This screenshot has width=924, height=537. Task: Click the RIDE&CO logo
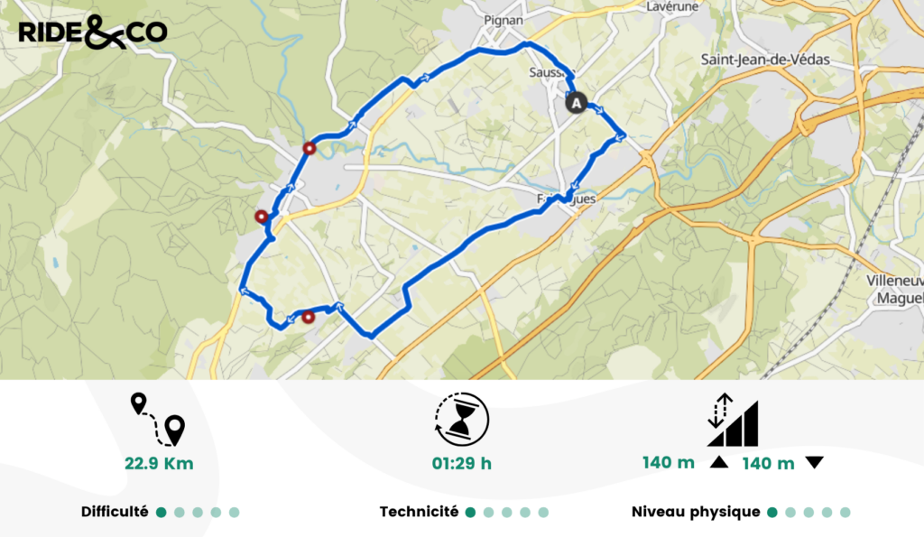(x=92, y=32)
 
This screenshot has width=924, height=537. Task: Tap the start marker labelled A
(x=576, y=103)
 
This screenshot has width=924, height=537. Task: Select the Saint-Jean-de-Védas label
(x=765, y=60)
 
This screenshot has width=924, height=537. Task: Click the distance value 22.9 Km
(x=159, y=465)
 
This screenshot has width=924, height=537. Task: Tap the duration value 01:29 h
(x=462, y=465)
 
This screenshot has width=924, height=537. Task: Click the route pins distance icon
(x=158, y=420)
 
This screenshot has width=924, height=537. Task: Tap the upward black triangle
(x=719, y=463)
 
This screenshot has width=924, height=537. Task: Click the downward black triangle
(x=814, y=463)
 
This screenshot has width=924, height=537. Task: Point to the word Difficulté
(x=115, y=512)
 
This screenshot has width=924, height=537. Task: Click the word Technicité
(x=419, y=512)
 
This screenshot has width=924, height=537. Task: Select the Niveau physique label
(x=696, y=512)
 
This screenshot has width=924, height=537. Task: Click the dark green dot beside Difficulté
(x=161, y=513)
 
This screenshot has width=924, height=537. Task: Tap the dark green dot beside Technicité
(x=470, y=513)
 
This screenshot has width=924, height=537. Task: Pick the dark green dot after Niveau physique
(x=772, y=513)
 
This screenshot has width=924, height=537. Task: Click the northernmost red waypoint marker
(x=310, y=149)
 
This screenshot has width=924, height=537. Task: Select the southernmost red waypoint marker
(x=308, y=317)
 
